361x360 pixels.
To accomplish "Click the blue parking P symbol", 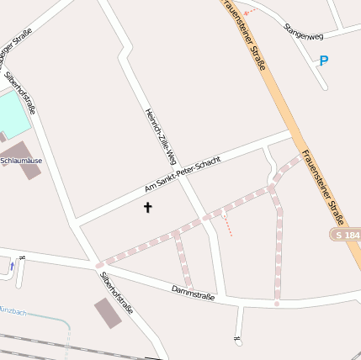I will pos(323,61).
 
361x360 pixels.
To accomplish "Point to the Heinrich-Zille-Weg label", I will pos(160,135).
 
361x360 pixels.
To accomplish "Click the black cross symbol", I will pos(148,206).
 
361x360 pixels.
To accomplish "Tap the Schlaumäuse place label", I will pos(21,160).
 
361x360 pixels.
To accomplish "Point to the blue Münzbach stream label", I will pos(12,312).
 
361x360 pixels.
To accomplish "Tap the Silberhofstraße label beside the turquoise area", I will pos(20,93).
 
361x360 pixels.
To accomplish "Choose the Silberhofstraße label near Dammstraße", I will pos(116,291).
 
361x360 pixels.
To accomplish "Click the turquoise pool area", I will pos(10,113).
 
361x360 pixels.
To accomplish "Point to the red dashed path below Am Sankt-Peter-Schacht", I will pos(227,223).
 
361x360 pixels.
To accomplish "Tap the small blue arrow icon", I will pos(12,266).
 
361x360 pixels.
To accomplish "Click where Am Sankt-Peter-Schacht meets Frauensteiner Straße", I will pos(292,132).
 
